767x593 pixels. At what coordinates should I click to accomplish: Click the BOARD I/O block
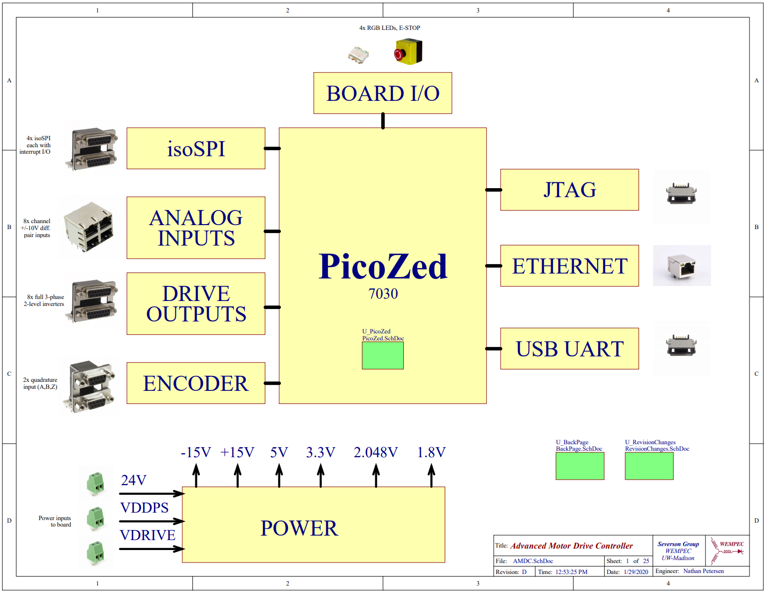[382, 93]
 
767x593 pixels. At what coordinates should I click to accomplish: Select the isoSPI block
[195, 148]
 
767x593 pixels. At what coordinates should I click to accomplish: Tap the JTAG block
[569, 190]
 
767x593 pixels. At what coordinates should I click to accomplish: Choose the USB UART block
[569, 348]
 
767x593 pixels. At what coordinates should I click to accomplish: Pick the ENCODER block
[195, 383]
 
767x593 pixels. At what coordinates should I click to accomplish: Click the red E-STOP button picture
[408, 52]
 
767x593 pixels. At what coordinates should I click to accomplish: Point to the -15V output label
[195, 452]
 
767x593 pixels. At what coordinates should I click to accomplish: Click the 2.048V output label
[375, 452]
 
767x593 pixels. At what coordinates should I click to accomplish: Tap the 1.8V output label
[431, 452]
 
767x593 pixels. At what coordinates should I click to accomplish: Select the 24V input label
[133, 480]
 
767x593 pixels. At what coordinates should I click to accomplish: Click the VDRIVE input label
[147, 535]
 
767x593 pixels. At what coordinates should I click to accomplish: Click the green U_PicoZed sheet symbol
[382, 355]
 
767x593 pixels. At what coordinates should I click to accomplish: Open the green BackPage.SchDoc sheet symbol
[580, 466]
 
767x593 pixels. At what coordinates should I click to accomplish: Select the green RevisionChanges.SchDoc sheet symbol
[649, 466]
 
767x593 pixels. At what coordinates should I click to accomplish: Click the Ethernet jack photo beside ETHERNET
[682, 266]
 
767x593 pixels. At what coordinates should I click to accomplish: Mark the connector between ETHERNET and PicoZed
[494, 266]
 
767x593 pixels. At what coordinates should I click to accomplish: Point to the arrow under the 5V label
[279, 475]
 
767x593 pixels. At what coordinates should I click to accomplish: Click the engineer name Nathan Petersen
[703, 571]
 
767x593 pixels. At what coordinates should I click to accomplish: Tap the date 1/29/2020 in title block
[636, 572]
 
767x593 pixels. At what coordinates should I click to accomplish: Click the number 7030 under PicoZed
[383, 294]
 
